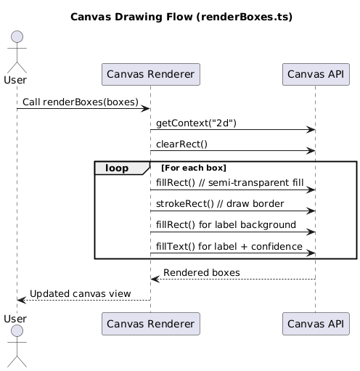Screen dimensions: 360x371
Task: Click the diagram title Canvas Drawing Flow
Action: pos(181,17)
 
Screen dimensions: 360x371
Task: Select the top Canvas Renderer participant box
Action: pos(151,74)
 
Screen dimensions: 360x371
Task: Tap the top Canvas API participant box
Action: pos(316,74)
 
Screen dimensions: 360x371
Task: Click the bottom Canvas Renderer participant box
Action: pos(151,324)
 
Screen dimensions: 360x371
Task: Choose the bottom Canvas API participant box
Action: pos(316,324)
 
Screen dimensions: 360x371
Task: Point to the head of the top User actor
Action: pos(17,37)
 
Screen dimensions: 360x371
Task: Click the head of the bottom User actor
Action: pos(17,331)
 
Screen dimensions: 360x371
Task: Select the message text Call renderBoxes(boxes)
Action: pos(81,102)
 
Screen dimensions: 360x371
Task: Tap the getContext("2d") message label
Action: pos(196,123)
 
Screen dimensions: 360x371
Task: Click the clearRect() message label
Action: pos(181,144)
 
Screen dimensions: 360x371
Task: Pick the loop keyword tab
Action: pos(117,168)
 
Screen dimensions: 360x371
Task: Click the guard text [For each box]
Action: pos(194,168)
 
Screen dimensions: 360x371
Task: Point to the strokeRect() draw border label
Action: pos(220,204)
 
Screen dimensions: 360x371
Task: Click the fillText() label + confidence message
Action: pos(229,246)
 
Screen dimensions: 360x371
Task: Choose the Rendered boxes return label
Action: pos(202,273)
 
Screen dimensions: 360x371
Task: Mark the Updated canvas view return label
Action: pos(81,294)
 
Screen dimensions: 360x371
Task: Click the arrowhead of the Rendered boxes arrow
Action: pos(155,279)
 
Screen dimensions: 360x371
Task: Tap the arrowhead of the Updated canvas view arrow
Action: pos(21,300)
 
